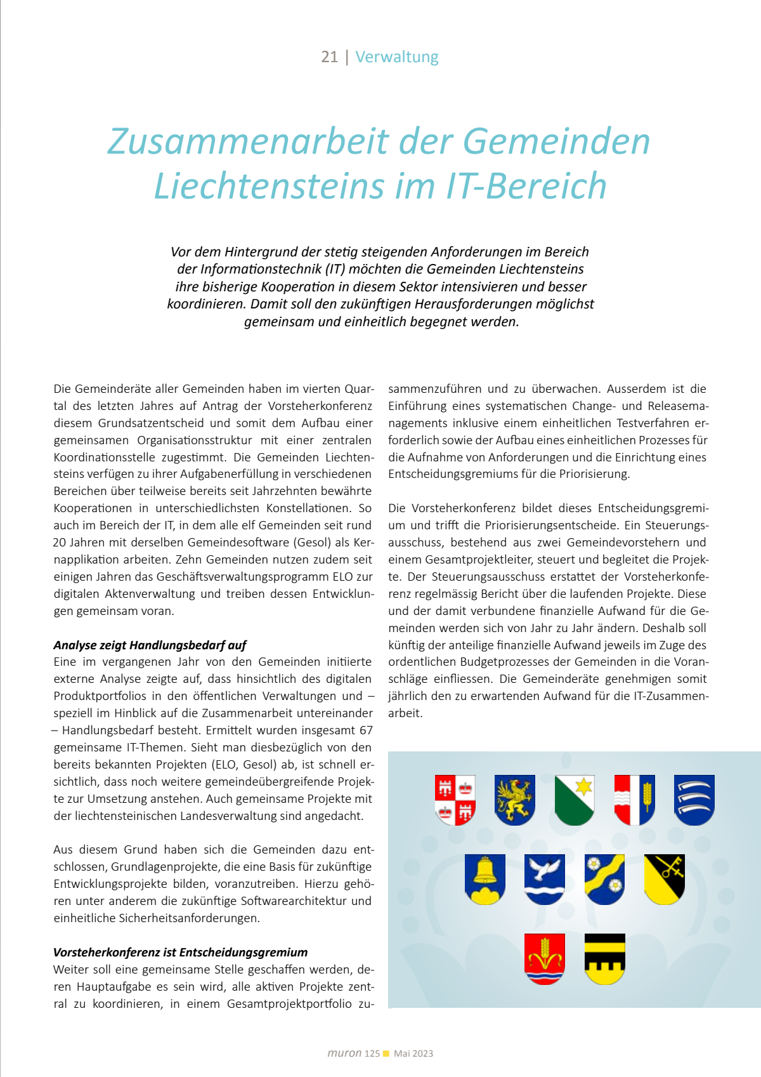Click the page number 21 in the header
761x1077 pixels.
coord(329,57)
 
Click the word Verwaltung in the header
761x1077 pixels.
coord(397,57)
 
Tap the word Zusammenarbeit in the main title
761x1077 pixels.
coord(249,141)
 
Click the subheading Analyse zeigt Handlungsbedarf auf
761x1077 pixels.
coord(150,645)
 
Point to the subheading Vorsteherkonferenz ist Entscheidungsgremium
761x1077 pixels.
coord(180,952)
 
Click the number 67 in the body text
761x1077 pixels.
coord(366,730)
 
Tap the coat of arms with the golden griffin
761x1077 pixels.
coord(514,800)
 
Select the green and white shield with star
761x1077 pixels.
coord(574,800)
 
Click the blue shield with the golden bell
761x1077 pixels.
coord(485,879)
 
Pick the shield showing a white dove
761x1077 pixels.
coord(544,879)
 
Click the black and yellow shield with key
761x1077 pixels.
coord(664,879)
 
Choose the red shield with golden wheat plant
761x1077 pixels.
coord(544,958)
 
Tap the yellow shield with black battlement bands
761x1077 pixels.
coord(604,958)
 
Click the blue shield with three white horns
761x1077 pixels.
coord(694,800)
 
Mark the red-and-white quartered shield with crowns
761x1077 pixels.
coord(455,800)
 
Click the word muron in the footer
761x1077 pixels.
coord(344,1053)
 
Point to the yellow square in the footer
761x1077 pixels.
coord(386,1054)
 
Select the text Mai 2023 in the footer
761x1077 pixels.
coord(413,1054)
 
